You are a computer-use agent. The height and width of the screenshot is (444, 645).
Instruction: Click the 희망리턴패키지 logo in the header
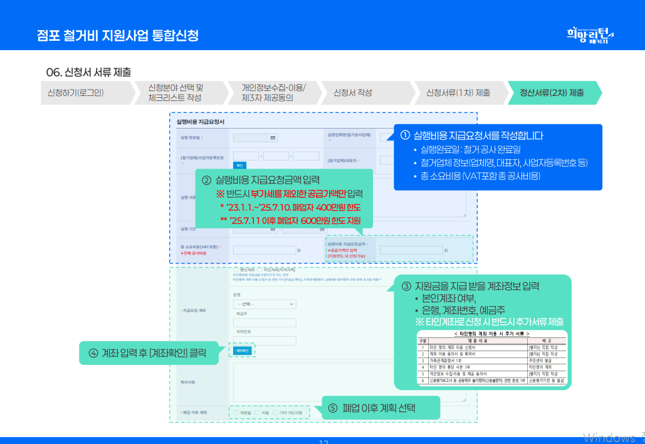pos(589,34)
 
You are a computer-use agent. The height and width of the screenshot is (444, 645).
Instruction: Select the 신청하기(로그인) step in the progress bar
pos(76,93)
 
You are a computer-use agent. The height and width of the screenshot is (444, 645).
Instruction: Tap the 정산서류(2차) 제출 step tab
pos(552,93)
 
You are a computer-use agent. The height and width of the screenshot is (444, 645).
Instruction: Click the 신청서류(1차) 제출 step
pos(458,93)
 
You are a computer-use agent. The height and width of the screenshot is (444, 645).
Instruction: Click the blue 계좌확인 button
pos(243,351)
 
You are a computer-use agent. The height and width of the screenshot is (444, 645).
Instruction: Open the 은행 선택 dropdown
pos(264,304)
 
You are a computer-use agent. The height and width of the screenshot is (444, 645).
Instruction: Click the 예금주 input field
pos(264,322)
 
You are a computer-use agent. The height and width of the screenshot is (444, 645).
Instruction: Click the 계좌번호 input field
pos(264,341)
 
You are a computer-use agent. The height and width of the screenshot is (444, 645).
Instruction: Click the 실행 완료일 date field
pos(254,137)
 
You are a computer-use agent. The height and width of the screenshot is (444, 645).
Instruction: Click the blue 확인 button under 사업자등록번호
pos(239,166)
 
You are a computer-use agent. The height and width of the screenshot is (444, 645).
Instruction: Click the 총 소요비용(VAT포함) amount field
pos(264,250)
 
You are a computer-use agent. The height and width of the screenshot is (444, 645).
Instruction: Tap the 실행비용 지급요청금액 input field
pos(411,250)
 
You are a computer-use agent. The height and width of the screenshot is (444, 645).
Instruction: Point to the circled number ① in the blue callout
pos(405,135)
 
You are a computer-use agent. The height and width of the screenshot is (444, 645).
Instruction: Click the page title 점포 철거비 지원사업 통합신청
pos(117,35)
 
